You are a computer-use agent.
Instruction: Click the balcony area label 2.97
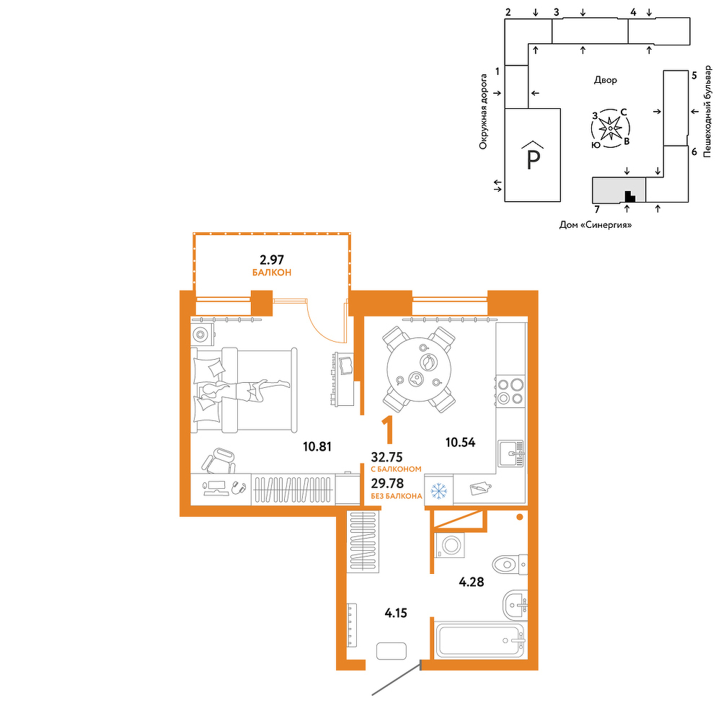tap(272, 260)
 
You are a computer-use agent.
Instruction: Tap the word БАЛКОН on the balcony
tap(272, 273)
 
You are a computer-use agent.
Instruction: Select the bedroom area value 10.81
tap(317, 446)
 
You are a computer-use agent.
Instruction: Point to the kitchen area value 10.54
tap(460, 443)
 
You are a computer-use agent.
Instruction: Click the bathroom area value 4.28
tap(472, 582)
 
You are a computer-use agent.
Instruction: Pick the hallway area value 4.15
tap(396, 613)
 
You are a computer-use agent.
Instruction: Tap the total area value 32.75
tap(386, 457)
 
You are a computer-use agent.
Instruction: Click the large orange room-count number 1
tap(389, 430)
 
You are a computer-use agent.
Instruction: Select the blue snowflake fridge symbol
tap(438, 491)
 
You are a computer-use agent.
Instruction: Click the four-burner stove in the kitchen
tap(510, 390)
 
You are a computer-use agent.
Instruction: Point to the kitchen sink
tap(511, 454)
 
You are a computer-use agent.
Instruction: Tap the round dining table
tap(419, 369)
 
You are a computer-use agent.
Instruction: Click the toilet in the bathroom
tap(510, 564)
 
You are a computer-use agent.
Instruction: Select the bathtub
tap(480, 640)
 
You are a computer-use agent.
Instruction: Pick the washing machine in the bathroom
tap(450, 545)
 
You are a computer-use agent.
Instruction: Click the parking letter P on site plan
tap(533, 160)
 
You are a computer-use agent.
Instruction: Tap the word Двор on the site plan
tap(605, 81)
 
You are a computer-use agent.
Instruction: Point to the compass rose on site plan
tap(610, 128)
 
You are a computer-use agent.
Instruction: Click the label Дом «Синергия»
tap(596, 225)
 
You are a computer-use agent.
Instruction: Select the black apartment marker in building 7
tap(629, 196)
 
